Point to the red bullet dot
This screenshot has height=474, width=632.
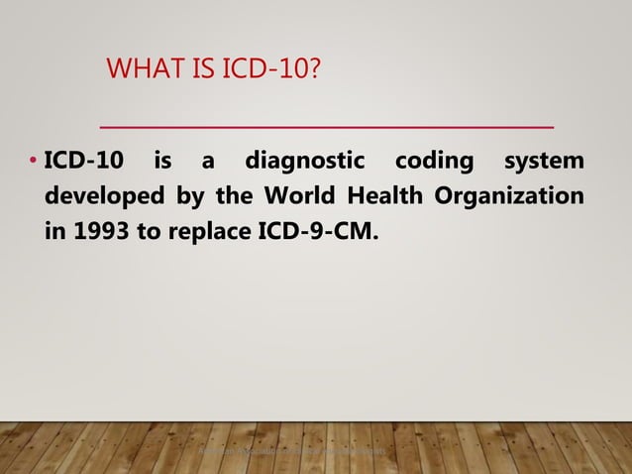pyautogui.click(x=34, y=161)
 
